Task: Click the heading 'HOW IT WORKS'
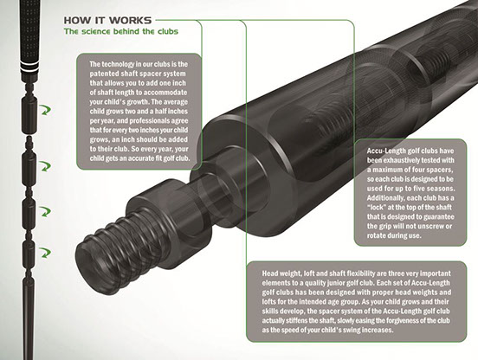pos(107,21)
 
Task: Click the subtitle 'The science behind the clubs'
pos(121,31)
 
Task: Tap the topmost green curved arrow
pos(46,110)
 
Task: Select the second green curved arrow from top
pos(46,166)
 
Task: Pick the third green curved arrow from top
pos(46,211)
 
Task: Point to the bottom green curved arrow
pos(46,253)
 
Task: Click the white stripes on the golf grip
pos(29,66)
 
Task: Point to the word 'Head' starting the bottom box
pos(270,273)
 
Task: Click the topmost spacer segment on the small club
pos(29,115)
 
